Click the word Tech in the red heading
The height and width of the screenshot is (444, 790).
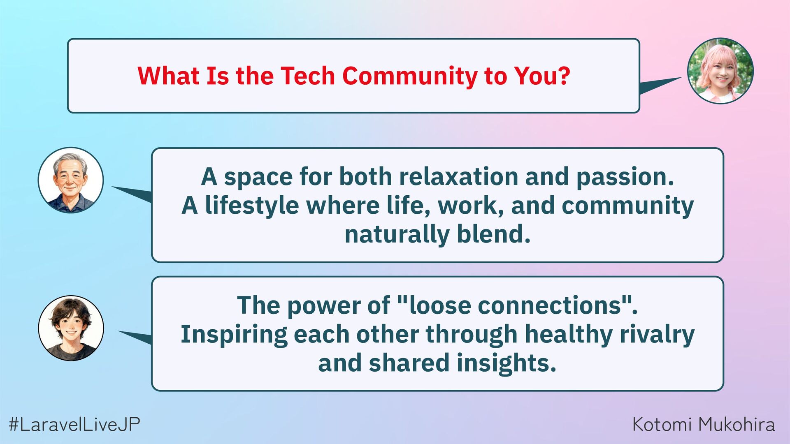click(x=308, y=76)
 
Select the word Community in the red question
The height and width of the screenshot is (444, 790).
click(x=410, y=77)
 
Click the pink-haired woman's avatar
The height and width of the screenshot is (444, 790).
click(x=720, y=71)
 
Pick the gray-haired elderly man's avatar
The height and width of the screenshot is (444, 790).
click(x=71, y=180)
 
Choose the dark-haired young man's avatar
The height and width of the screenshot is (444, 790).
click(x=71, y=328)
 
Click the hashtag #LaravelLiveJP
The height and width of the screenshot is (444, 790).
click(x=74, y=424)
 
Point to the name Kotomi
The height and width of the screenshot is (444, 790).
click(x=662, y=424)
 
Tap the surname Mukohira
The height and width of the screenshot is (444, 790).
click(x=737, y=424)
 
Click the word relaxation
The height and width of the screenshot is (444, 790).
click(x=458, y=177)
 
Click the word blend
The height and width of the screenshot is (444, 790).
click(x=493, y=234)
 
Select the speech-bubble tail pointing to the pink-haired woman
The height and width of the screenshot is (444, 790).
click(x=658, y=85)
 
